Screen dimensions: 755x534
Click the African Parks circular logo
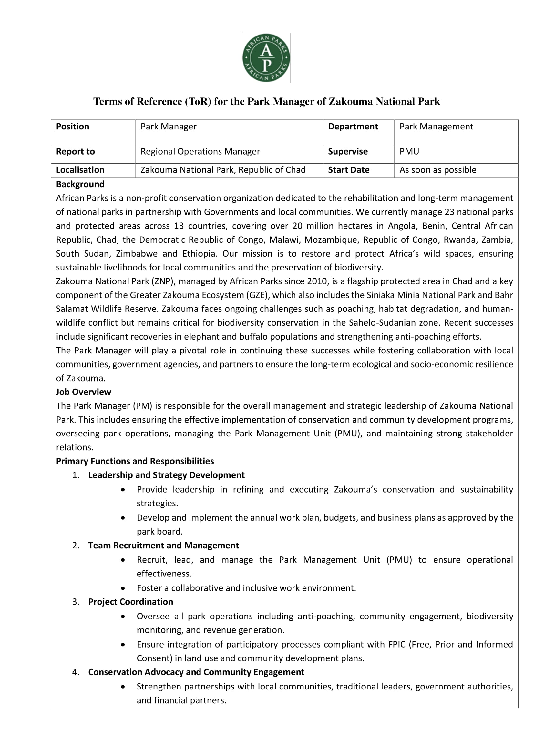point(266,58)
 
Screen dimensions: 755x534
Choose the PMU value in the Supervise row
point(409,152)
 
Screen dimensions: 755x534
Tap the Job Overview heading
point(84,392)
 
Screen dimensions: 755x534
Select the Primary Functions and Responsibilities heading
point(135,461)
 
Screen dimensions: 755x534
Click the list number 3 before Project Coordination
point(76,602)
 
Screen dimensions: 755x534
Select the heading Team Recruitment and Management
point(163,545)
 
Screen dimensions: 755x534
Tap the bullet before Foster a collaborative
point(123,588)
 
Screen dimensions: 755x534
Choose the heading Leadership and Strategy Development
point(166,475)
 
